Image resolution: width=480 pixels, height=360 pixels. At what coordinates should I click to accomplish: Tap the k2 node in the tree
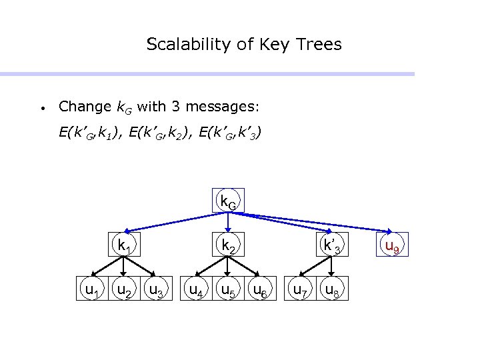227,246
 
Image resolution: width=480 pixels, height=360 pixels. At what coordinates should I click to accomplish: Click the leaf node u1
89,289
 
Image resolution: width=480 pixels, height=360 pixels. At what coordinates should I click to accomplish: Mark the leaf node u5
227,289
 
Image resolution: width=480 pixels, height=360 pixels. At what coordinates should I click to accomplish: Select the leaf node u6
260,289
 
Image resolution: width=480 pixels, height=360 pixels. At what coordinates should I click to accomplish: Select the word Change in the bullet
85,106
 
